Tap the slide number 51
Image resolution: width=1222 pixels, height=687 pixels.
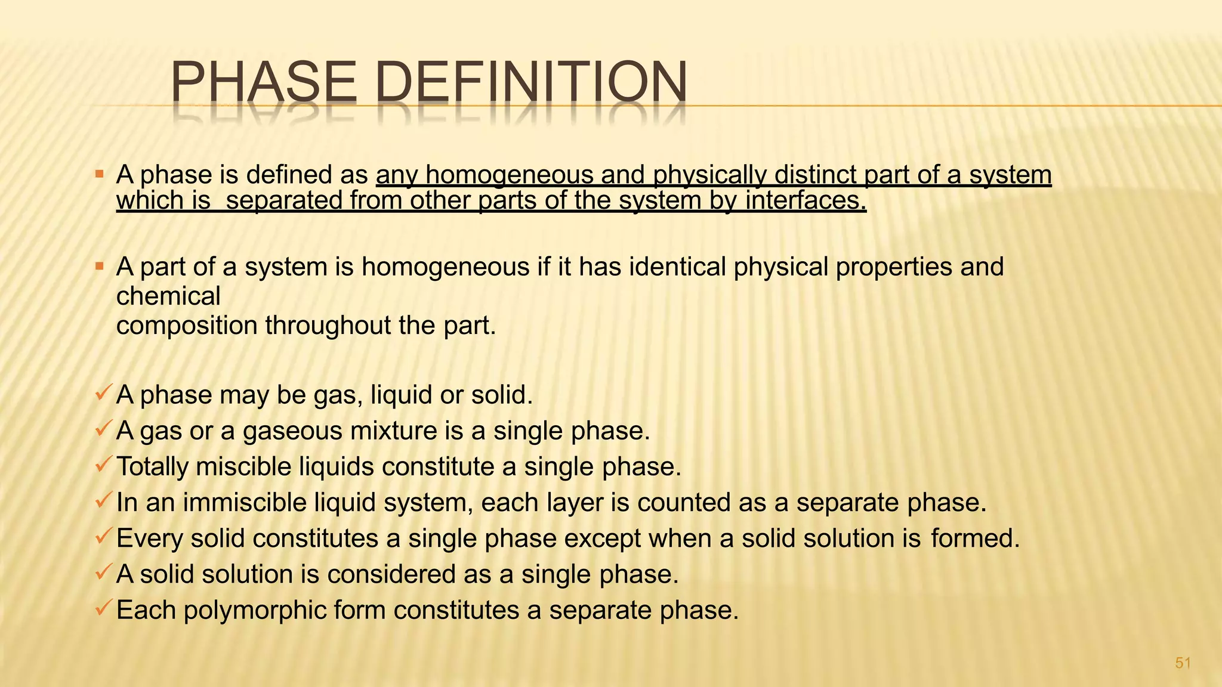1183,663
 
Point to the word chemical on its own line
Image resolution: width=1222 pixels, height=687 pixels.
168,296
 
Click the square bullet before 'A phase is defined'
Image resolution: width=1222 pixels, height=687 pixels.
100,175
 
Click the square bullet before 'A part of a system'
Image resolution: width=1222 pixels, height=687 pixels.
100,266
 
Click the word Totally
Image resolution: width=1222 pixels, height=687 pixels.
152,467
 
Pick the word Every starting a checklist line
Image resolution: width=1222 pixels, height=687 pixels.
150,539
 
